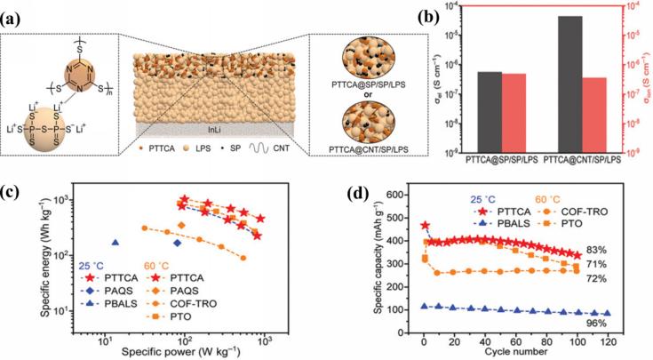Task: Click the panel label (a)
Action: coord(14,11)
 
